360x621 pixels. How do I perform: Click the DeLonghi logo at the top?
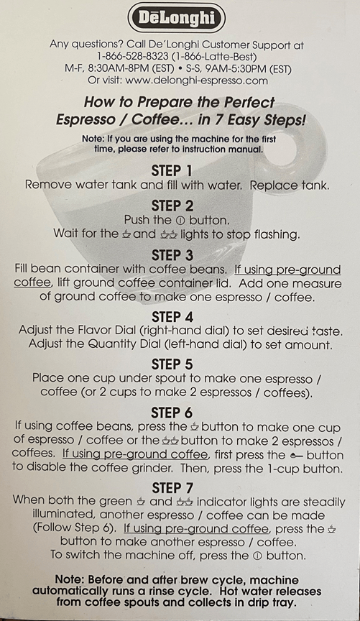(177, 18)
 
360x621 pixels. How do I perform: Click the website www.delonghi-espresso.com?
(196, 80)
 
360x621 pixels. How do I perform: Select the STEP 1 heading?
(172, 170)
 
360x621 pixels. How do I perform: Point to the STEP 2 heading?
(172, 206)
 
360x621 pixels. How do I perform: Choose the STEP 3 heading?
(172, 255)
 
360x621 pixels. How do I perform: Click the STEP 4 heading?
(172, 317)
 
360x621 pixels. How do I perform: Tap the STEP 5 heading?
(172, 364)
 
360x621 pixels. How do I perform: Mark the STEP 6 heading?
(172, 413)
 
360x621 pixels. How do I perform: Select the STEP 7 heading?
(172, 488)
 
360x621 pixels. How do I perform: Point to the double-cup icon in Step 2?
(168, 235)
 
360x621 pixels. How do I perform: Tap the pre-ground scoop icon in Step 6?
(296, 456)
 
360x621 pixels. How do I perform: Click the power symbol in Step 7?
(257, 556)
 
